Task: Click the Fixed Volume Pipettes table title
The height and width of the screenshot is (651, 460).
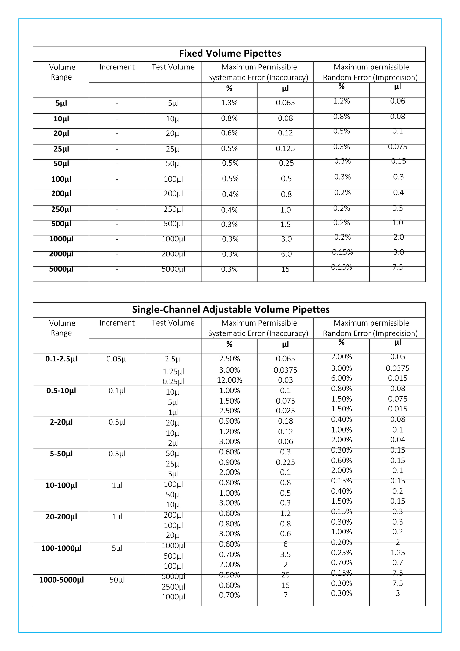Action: click(230, 54)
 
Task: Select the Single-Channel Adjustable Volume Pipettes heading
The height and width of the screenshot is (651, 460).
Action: click(231, 310)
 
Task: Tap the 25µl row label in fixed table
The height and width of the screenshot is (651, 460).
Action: click(61, 149)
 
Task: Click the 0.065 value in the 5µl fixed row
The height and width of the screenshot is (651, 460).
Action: click(285, 103)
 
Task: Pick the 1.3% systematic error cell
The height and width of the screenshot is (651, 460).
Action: click(229, 103)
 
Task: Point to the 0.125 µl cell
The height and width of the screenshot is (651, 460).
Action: click(285, 149)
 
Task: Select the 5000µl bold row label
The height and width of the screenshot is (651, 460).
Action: click(61, 269)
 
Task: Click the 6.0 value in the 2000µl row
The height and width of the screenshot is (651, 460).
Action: click(286, 254)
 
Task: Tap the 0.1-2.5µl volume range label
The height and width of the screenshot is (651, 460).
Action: click(61, 359)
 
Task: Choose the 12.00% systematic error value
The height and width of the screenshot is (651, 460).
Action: click(230, 380)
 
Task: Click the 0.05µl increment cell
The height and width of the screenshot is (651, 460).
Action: click(117, 359)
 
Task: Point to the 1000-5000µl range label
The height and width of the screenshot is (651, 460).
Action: click(61, 580)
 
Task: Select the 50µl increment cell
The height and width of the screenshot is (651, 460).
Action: click(117, 580)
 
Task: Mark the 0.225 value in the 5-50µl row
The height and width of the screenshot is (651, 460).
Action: click(285, 462)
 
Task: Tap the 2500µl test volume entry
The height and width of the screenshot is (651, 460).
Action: click(173, 587)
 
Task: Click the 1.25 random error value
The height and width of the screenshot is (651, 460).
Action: click(398, 553)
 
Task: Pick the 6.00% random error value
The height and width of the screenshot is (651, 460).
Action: click(341, 378)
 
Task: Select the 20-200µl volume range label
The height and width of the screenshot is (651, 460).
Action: click(61, 517)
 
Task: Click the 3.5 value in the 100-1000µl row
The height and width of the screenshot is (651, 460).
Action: click(285, 555)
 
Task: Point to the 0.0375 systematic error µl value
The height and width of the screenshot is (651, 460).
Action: click(285, 370)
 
